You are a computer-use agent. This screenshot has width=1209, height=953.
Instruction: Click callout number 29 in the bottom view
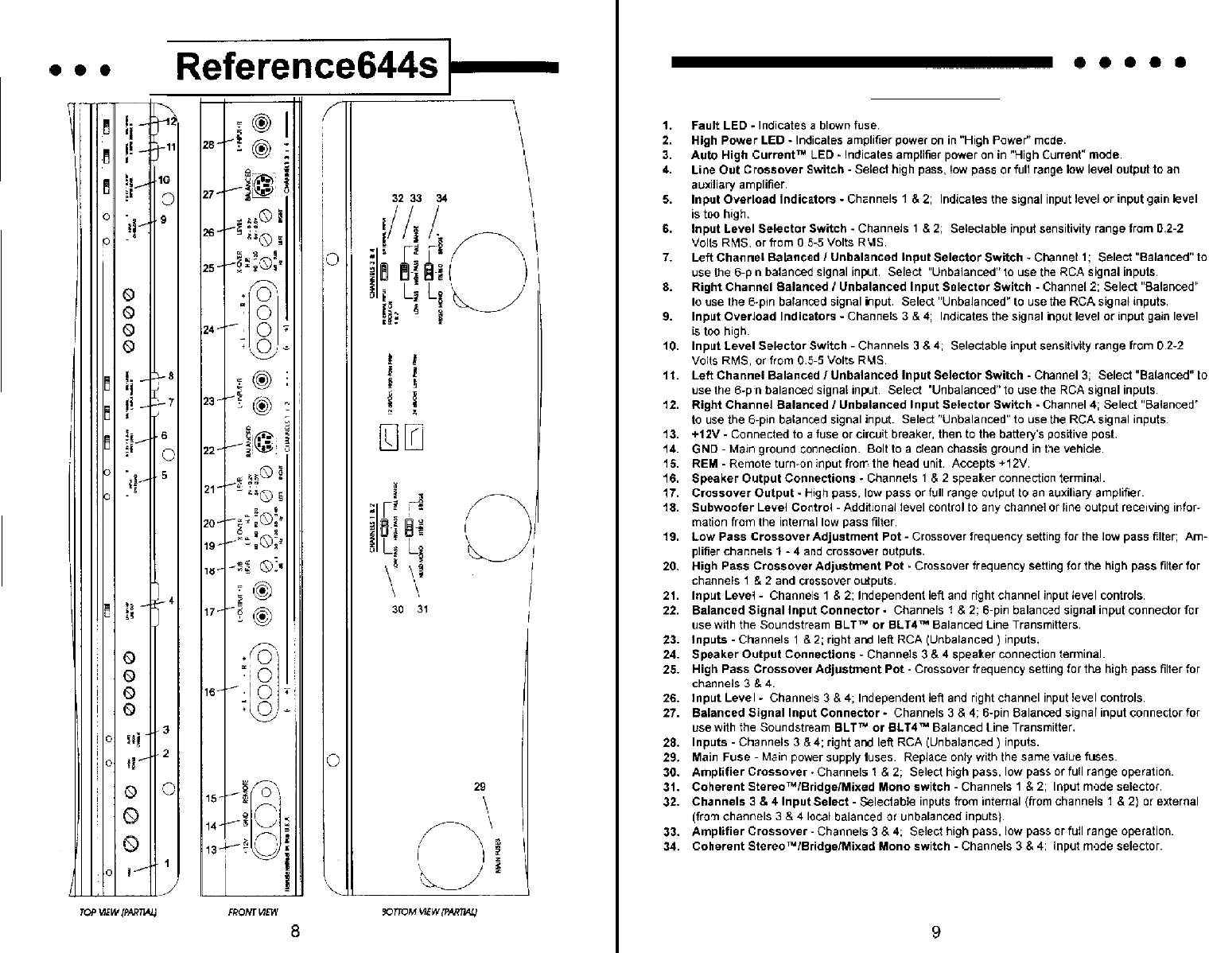pos(480,788)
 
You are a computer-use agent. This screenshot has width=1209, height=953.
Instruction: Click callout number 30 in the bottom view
pos(398,610)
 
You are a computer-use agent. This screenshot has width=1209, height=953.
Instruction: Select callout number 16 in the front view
pos(209,692)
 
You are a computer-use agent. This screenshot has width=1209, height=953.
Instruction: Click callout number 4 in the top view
pos(171,599)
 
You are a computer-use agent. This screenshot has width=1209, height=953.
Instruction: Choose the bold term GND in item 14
pos(704,449)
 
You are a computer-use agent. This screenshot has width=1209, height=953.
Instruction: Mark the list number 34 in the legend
pos(669,846)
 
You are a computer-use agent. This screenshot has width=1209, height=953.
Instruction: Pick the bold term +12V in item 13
pos(706,434)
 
